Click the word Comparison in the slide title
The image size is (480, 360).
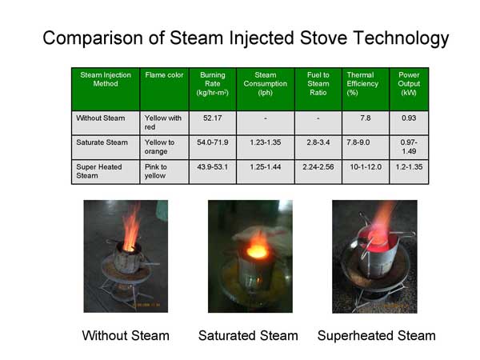click(x=93, y=38)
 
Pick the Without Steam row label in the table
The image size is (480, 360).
click(x=101, y=118)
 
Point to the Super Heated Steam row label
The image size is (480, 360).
click(x=99, y=171)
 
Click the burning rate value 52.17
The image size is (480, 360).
click(x=213, y=118)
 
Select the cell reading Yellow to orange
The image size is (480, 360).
click(x=159, y=147)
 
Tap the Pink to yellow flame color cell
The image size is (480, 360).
click(x=155, y=171)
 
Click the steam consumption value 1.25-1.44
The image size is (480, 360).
click(x=265, y=167)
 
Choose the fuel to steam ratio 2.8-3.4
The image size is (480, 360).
click(x=318, y=142)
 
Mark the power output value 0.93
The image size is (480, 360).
click(x=409, y=118)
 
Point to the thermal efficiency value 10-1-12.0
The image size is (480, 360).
click(x=366, y=167)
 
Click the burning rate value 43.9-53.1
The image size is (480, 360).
click(x=213, y=167)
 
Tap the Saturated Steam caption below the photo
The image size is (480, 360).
click(x=248, y=335)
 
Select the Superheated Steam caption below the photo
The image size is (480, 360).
click(x=377, y=336)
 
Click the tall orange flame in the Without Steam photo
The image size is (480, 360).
click(x=131, y=226)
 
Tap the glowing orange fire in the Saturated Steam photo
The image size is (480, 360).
click(x=258, y=246)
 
